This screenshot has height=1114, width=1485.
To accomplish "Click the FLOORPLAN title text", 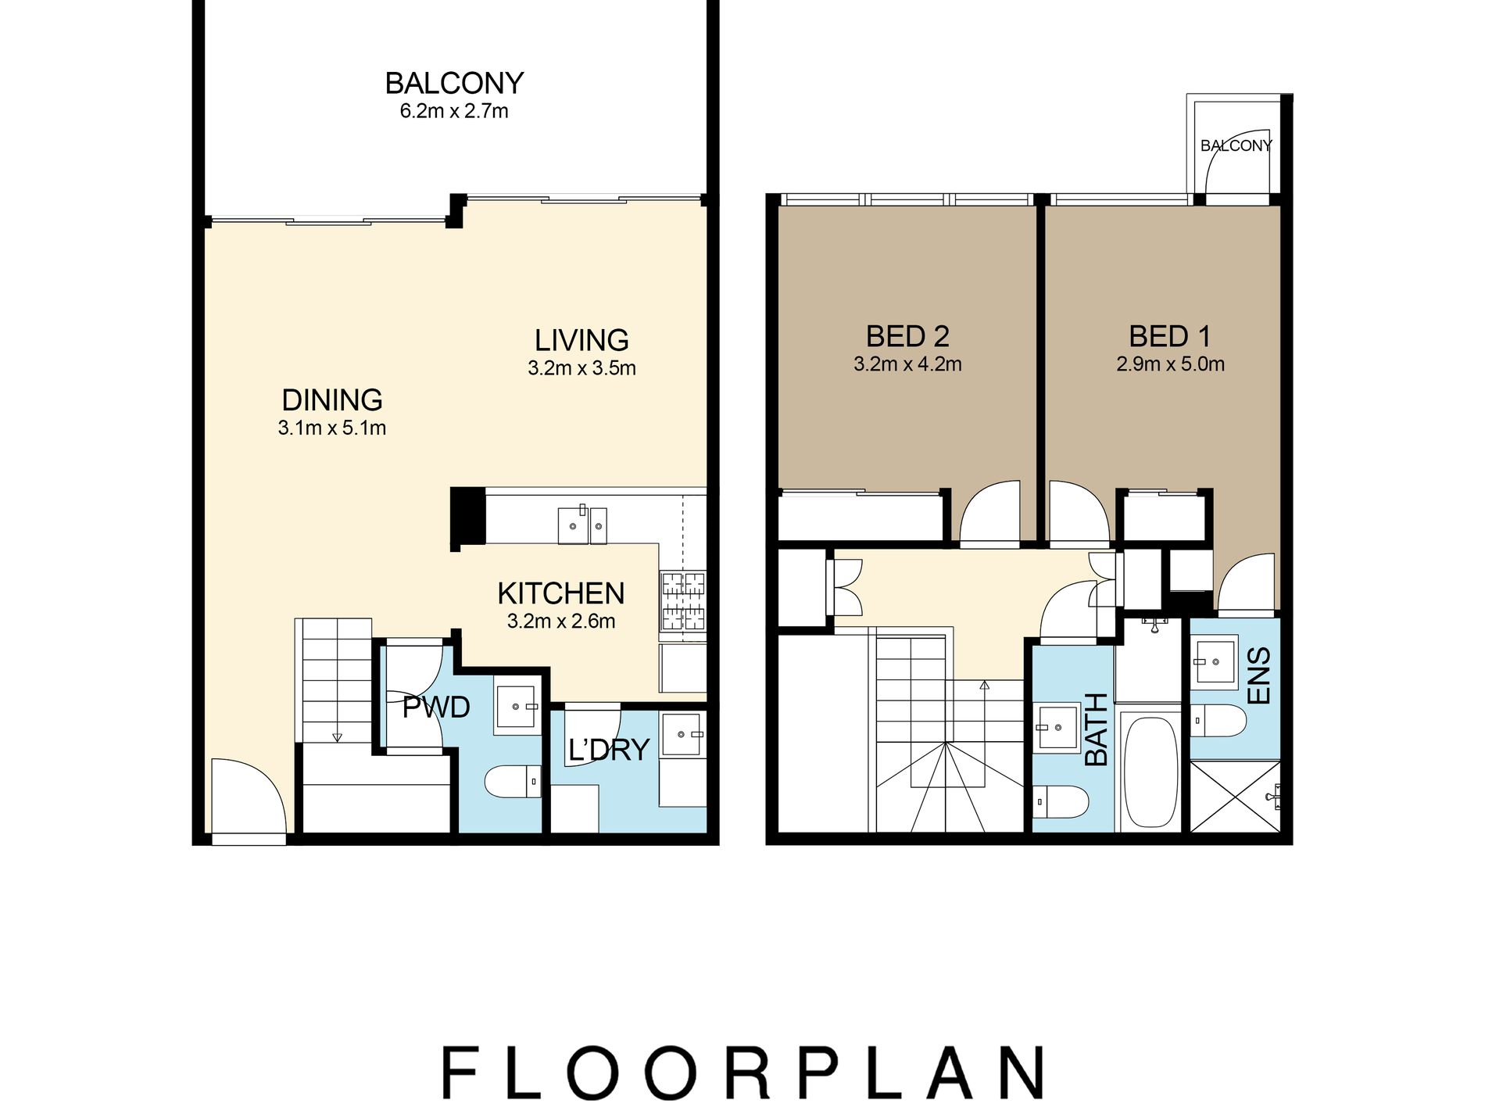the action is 742,1073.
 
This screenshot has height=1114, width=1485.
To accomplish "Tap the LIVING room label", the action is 581,340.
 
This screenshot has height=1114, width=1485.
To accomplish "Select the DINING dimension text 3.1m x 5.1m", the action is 332,428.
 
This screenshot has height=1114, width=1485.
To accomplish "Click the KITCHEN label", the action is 561,593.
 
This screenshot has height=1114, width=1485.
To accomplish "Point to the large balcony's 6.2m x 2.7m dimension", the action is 454,111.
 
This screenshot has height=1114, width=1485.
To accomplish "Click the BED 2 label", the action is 907,336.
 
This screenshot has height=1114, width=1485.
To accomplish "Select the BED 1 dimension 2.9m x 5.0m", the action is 1170,364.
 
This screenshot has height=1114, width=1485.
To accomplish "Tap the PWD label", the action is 436,707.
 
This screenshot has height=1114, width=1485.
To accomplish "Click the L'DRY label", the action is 609,750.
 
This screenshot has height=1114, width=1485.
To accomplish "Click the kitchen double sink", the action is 582,525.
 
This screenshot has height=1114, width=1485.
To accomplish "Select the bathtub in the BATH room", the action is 1149,772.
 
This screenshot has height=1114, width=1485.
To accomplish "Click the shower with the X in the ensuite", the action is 1234,797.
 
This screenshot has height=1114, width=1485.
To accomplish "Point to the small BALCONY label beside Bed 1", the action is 1236,145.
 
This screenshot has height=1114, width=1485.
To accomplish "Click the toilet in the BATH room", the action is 1061,801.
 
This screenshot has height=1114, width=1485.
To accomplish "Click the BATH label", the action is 1097,729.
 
